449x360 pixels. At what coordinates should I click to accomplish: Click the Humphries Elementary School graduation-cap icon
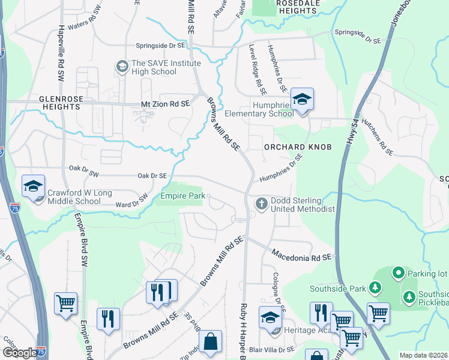[x=303, y=100]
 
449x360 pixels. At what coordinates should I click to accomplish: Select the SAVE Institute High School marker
[x=122, y=65]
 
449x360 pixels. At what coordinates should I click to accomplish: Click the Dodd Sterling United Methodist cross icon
[x=261, y=204]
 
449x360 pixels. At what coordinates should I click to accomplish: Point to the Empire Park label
[x=182, y=196]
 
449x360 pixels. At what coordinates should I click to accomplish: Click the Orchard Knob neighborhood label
[x=297, y=147]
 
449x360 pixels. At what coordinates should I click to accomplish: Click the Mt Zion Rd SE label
[x=165, y=104]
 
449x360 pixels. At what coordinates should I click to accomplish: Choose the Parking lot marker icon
[x=397, y=274]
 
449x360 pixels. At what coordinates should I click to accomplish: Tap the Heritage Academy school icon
[x=270, y=319]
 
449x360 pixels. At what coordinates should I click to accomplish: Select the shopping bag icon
[x=211, y=342]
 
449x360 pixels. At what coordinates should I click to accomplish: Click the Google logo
[x=20, y=353]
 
